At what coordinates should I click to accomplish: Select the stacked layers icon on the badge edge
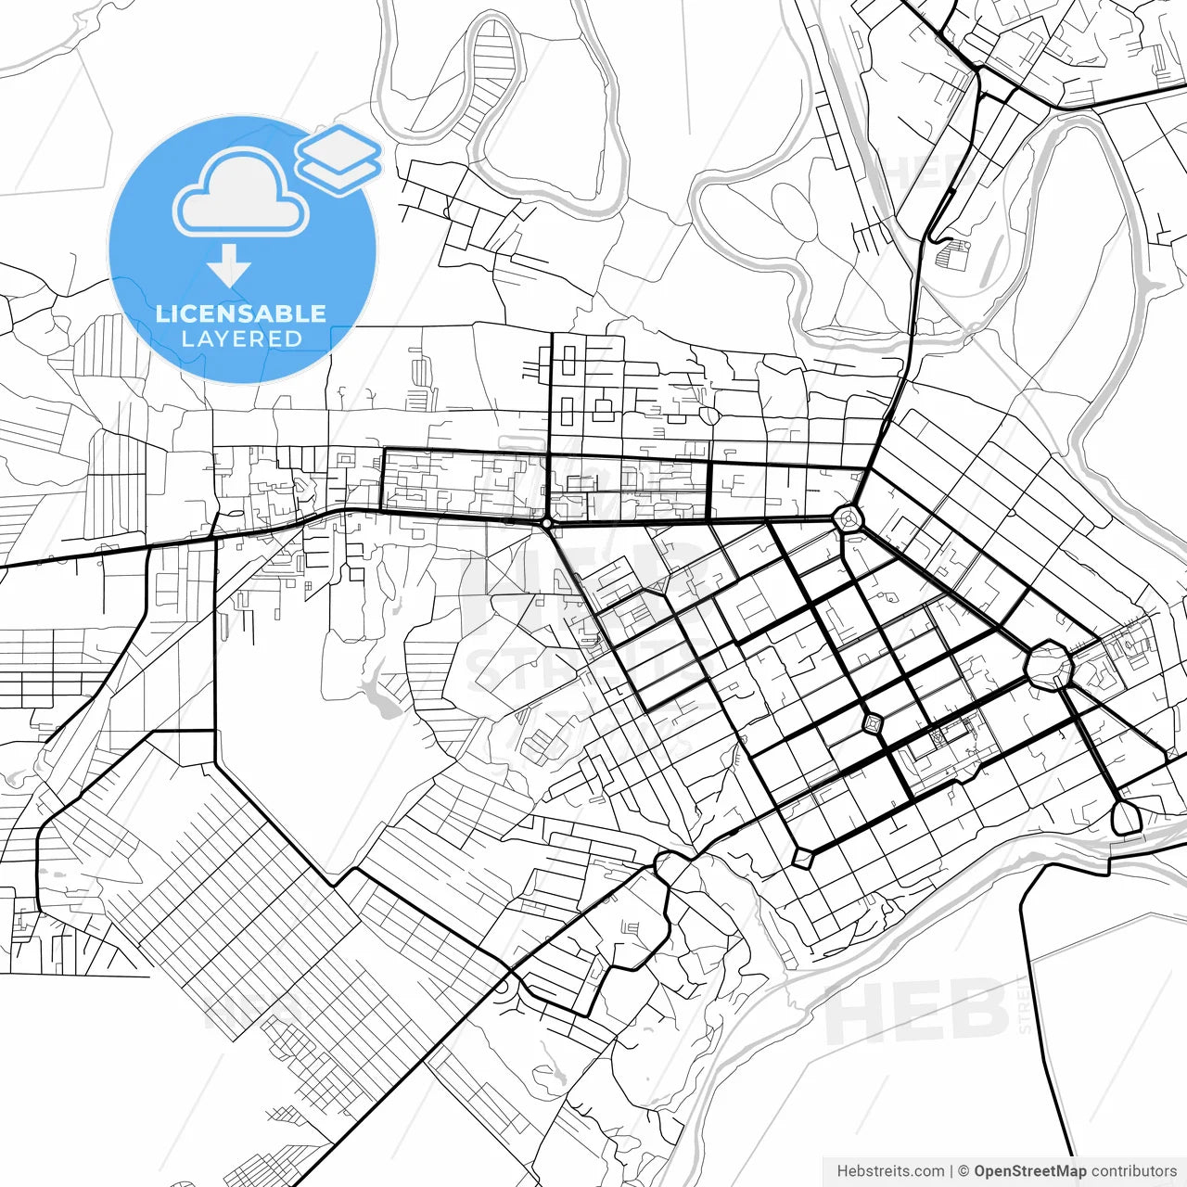point(339,159)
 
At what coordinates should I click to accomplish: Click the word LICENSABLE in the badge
point(241,313)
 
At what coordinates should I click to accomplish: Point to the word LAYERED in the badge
point(241,339)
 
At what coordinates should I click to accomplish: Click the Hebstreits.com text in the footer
point(890,1171)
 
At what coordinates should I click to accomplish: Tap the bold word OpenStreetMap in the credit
point(1030,1171)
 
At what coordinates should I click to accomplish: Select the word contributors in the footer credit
point(1134,1171)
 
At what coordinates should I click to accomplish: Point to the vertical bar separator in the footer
point(951,1171)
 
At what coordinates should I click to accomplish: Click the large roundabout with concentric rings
point(849,518)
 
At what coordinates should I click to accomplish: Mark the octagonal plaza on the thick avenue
point(1049,664)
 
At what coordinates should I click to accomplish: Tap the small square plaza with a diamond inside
point(873,722)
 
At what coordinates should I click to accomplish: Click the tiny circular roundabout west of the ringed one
point(547,524)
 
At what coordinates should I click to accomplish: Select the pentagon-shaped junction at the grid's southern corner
point(803,857)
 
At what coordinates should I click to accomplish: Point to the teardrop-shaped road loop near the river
point(1125,817)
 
